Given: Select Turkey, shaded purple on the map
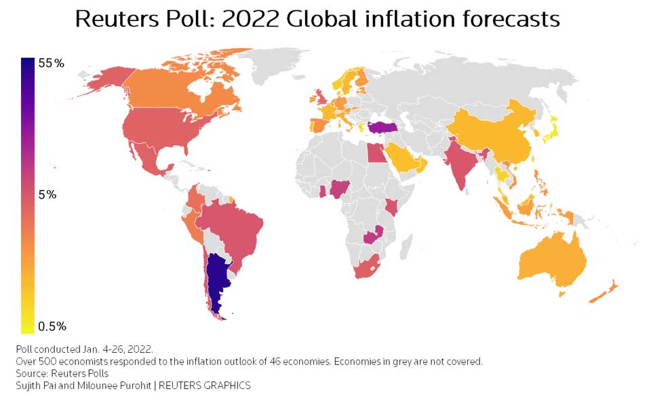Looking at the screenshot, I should pos(384,128).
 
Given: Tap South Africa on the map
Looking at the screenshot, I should pos(368,267).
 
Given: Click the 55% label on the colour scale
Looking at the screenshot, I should pos(51,64).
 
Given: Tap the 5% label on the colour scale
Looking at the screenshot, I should pos(47,195).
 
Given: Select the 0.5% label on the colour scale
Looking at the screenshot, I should pos(52,327).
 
